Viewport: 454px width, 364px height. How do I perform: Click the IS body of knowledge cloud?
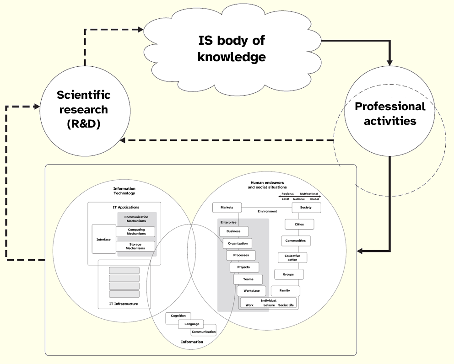click(231, 48)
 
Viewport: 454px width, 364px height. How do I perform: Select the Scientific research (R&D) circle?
click(83, 110)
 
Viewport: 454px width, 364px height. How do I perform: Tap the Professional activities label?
click(390, 113)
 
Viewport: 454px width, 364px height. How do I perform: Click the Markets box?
click(227, 208)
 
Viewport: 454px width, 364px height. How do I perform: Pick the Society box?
click(306, 208)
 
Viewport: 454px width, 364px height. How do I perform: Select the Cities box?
click(299, 225)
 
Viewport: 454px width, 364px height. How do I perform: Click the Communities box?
click(296, 241)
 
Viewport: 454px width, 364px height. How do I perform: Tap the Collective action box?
click(292, 258)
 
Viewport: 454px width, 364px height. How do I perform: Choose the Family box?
click(285, 291)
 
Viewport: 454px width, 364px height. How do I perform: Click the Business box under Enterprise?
click(233, 231)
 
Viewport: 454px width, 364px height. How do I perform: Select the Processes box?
click(241, 255)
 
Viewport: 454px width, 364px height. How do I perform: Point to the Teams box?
click(248, 279)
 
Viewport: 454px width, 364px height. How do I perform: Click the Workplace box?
click(251, 291)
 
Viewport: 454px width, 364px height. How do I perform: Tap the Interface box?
click(104, 239)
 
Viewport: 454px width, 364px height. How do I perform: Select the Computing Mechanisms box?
click(136, 232)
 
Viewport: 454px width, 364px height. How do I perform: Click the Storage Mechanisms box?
click(136, 246)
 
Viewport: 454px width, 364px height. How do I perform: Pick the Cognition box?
click(178, 316)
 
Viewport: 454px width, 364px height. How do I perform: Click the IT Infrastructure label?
click(124, 304)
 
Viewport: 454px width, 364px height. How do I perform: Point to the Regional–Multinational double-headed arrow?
click(300, 197)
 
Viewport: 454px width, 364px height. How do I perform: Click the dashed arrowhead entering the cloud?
click(141, 30)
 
